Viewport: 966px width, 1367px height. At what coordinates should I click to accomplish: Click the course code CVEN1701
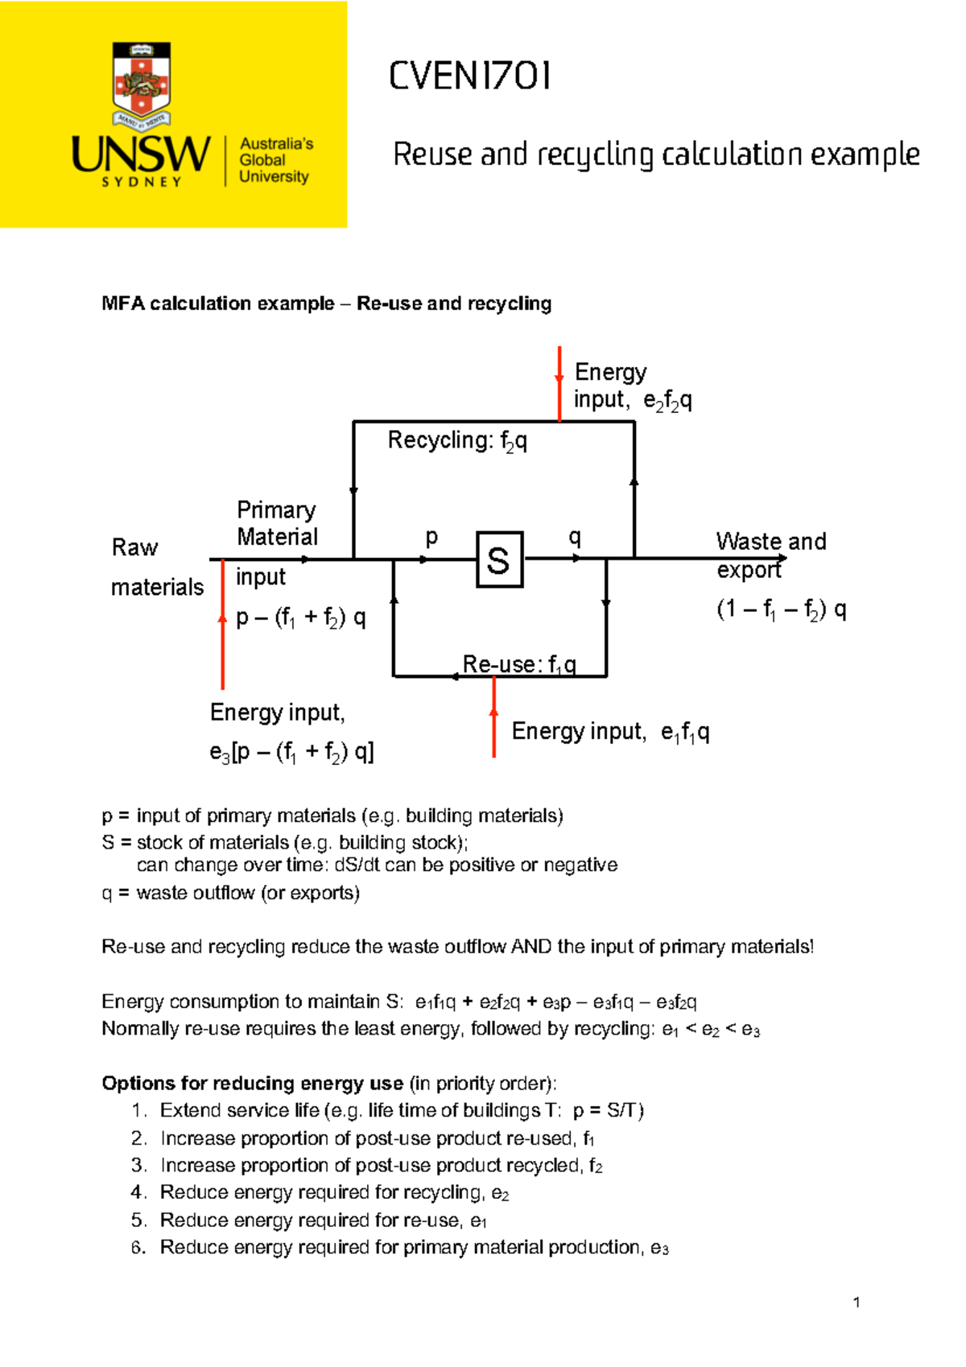tap(470, 76)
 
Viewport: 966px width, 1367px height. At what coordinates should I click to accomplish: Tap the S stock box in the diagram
tap(499, 560)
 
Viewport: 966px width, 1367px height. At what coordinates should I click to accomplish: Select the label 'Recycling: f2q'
tap(457, 441)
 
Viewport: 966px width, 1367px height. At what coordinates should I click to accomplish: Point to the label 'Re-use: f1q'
tap(519, 665)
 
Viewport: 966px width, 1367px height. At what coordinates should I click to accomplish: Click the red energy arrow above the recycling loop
tap(559, 383)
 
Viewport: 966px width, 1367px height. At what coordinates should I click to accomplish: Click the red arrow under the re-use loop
tap(493, 717)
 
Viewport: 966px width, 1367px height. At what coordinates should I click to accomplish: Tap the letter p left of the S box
tap(431, 537)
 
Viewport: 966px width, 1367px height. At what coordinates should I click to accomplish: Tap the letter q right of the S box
tap(575, 537)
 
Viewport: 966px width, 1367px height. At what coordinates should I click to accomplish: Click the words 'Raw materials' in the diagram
tap(156, 568)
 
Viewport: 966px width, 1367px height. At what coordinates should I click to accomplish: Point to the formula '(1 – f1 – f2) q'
tap(781, 609)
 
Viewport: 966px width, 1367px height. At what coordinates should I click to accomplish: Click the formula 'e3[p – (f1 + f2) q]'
tap(291, 753)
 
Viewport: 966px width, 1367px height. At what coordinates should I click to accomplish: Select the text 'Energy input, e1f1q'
tap(610, 732)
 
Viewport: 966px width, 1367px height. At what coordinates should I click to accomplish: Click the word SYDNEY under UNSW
tap(142, 183)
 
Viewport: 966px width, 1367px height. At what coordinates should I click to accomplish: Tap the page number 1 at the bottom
tap(857, 1303)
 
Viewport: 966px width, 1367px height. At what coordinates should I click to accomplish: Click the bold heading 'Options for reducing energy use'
tap(252, 1084)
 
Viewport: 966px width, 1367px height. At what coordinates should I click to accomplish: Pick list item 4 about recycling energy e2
tap(333, 1192)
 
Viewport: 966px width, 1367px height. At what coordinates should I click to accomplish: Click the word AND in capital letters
tap(530, 947)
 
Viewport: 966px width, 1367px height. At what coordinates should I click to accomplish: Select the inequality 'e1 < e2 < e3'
tap(710, 1030)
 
